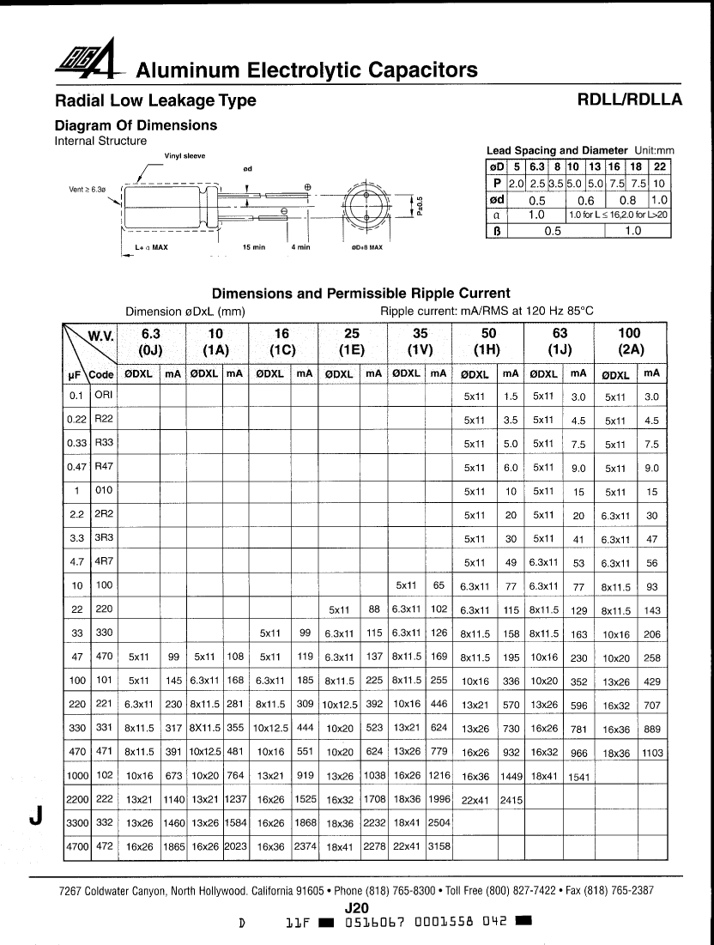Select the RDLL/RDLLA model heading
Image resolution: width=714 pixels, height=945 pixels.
(x=630, y=99)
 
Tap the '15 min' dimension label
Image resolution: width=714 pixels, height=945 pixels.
(x=253, y=247)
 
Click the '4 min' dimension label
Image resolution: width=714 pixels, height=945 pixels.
(x=300, y=247)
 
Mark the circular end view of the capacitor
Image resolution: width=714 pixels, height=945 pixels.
(x=366, y=206)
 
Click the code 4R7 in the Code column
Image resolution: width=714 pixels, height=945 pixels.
(x=103, y=562)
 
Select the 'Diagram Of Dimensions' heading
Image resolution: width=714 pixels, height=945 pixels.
(x=136, y=125)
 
